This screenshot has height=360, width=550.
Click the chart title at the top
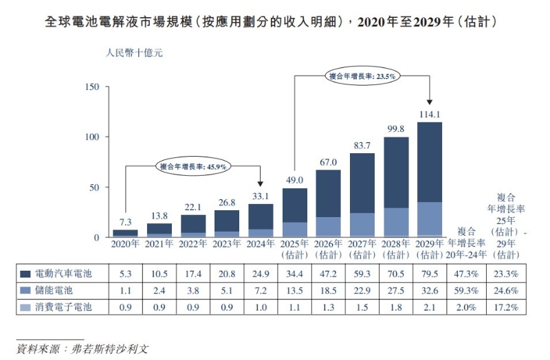[275, 22]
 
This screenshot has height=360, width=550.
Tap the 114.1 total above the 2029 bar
[429, 114]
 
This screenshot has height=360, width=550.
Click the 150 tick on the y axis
[93, 87]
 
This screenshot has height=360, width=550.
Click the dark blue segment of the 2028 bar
[395, 172]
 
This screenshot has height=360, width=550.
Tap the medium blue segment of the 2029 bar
[429, 218]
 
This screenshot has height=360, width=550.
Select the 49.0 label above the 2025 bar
[295, 180]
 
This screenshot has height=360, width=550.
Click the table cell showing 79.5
[430, 273]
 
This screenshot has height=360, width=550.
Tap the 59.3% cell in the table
[467, 291]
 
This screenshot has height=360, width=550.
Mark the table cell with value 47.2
[328, 273]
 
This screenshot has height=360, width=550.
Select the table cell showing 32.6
[430, 291]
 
